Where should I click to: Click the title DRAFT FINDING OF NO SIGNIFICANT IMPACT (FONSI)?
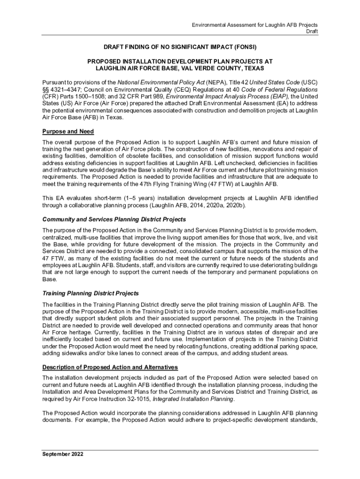pos(180,47)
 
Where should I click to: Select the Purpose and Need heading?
pos(68,131)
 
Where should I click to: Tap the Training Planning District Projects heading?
pos(90,293)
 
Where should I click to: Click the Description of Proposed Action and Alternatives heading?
pos(110,367)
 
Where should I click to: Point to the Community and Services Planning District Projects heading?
pos(114,219)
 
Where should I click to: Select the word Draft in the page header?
pos(312,31)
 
